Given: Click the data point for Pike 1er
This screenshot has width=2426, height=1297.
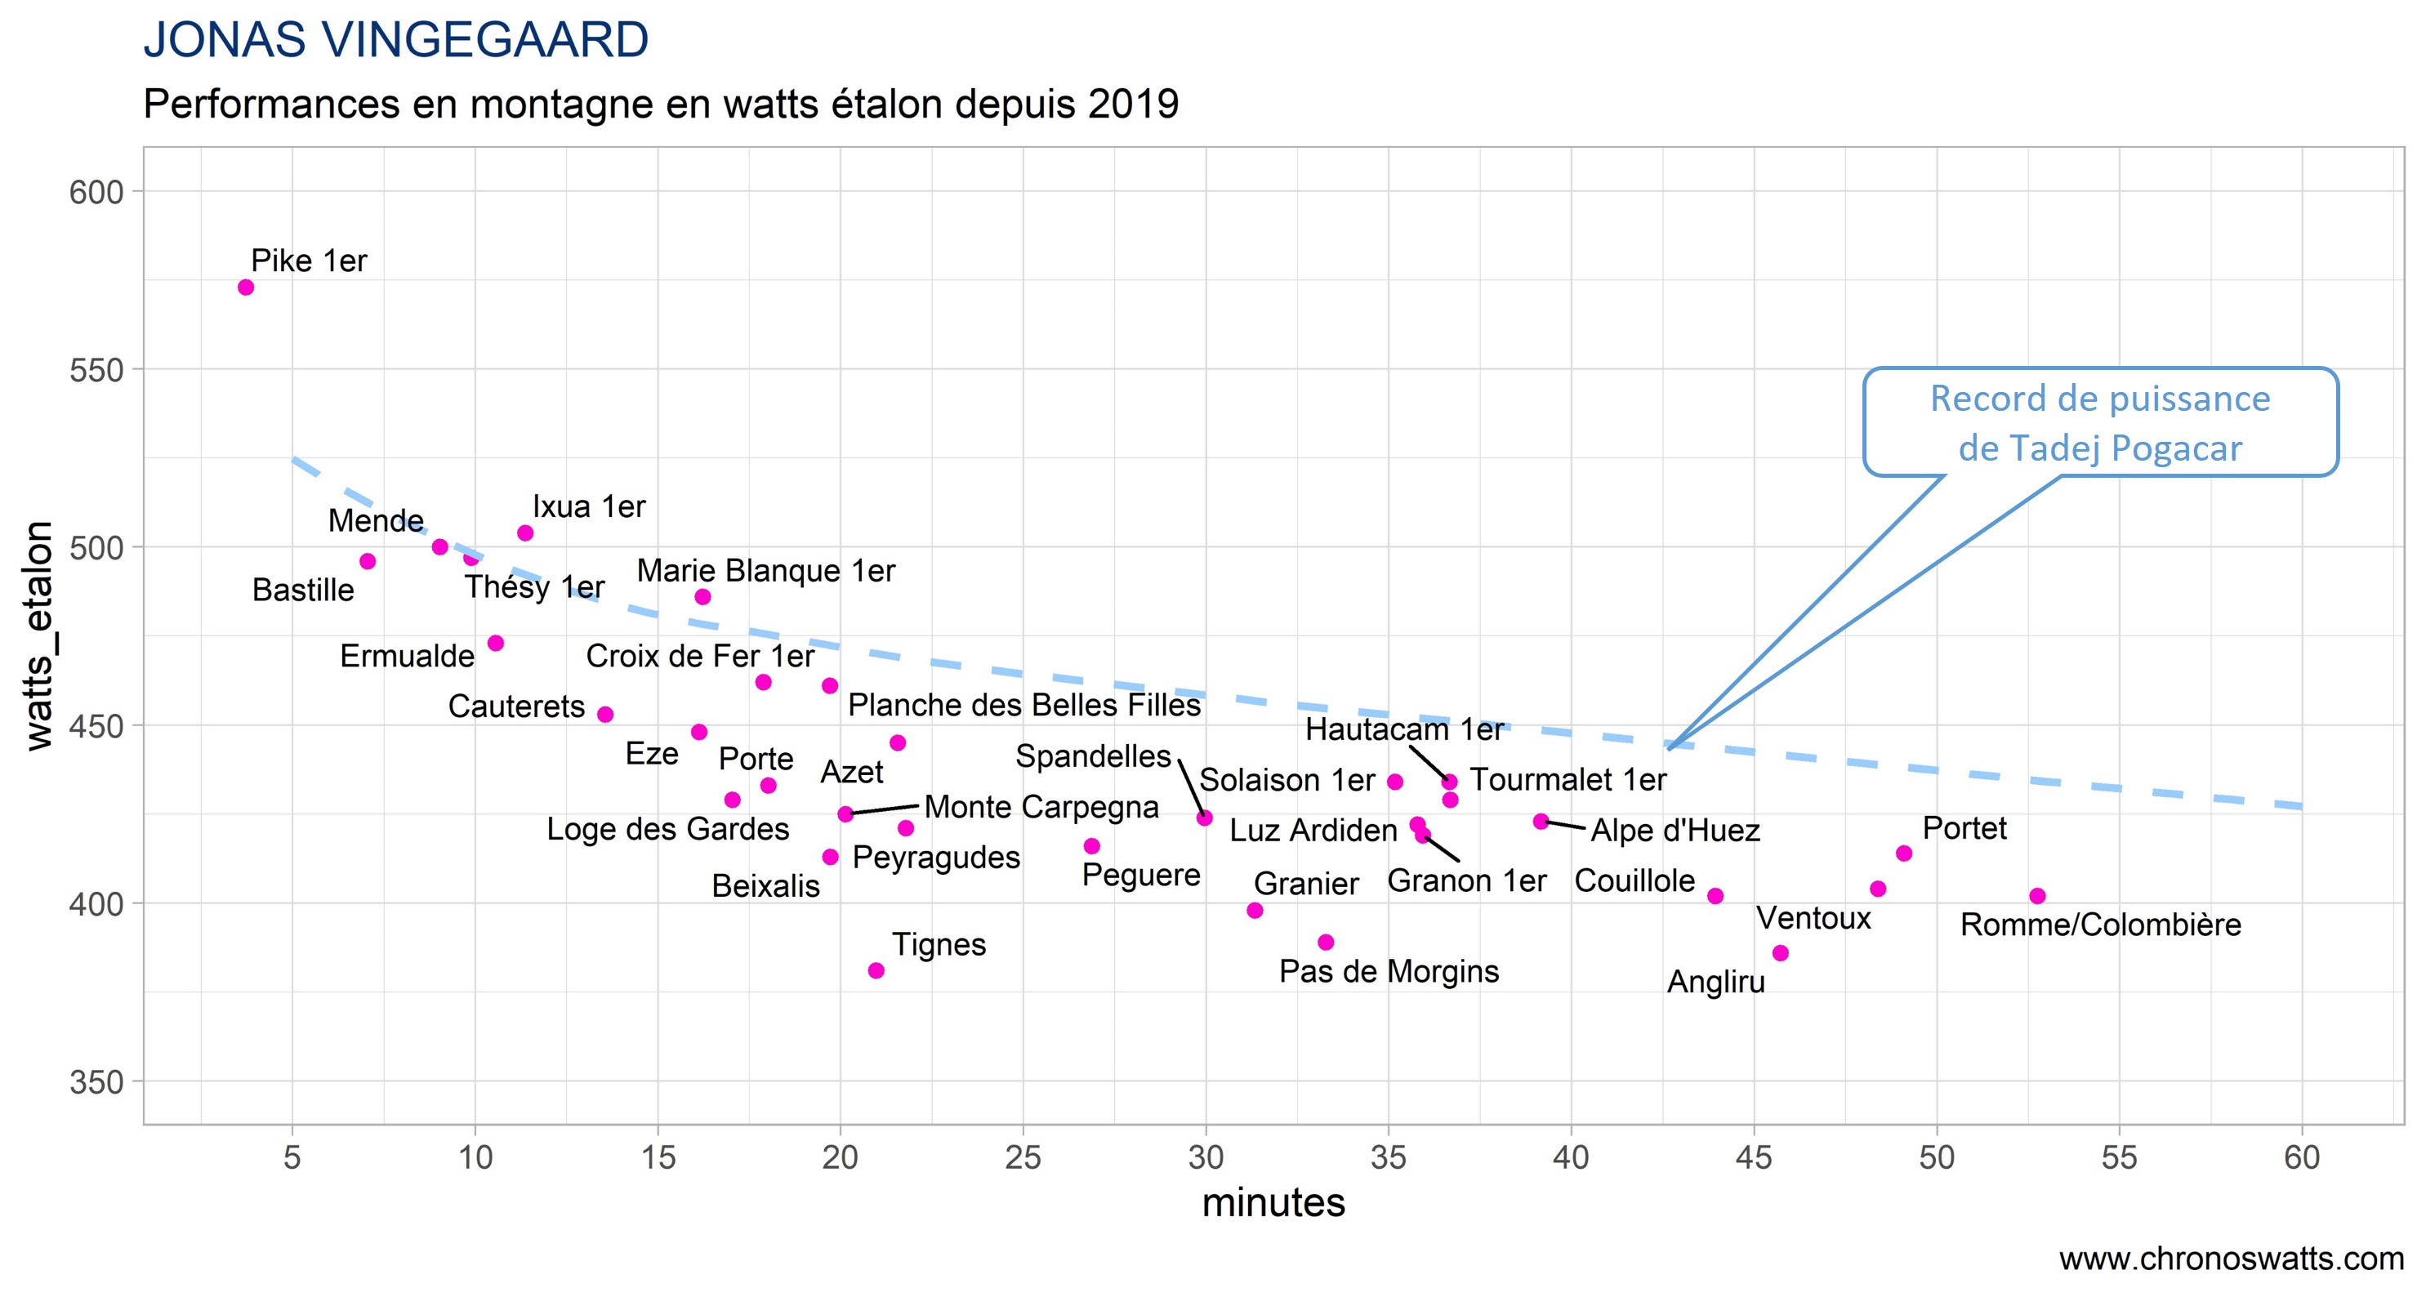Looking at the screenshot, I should click(x=246, y=287).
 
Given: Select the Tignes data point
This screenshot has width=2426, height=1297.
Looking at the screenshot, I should click(x=876, y=970).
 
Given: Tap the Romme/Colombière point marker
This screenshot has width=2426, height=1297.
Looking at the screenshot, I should click(x=2037, y=896).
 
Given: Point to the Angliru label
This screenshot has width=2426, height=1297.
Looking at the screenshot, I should click(x=1716, y=982).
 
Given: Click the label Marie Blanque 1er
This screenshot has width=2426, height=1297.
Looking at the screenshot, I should click(x=765, y=571).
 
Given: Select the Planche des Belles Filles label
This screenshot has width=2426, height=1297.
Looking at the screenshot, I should click(x=1023, y=705).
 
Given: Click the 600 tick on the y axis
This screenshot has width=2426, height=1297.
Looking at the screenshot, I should click(x=97, y=192).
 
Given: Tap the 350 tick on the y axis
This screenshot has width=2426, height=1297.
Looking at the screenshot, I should click(x=97, y=1082).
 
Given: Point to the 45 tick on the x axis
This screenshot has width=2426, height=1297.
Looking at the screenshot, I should click(x=1754, y=1157).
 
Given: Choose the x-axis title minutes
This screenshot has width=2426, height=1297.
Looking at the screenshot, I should click(x=1273, y=1203).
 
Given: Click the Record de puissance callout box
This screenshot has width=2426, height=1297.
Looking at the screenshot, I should click(x=2100, y=422).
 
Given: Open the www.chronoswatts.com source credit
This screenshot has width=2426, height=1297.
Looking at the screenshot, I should click(x=2231, y=1259).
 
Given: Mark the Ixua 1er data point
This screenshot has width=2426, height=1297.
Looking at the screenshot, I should click(x=525, y=533).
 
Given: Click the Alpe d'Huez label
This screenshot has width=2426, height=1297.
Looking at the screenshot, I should click(x=1675, y=831).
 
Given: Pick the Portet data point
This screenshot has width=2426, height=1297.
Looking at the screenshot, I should click(x=1903, y=854).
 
